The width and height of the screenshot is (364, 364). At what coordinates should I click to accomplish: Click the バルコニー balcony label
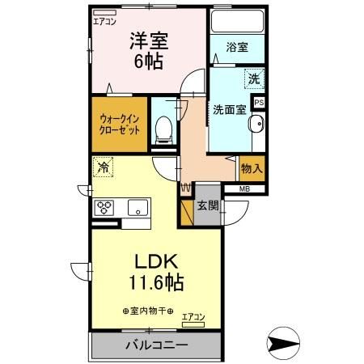pos(156,345)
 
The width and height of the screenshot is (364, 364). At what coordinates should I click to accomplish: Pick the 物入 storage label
pos(251,169)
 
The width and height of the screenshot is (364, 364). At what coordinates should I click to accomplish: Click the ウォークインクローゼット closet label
pos(120,123)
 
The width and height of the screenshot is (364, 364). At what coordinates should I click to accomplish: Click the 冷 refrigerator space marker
pos(102,168)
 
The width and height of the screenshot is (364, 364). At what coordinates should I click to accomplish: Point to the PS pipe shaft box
pos(259,103)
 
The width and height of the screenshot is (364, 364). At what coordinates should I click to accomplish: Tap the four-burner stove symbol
pos(106,206)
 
